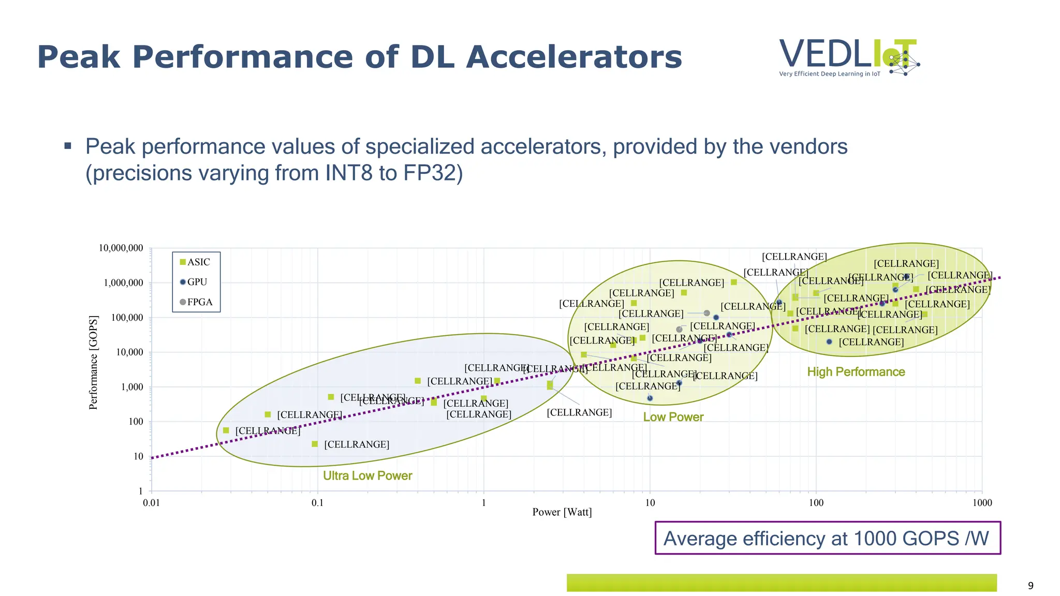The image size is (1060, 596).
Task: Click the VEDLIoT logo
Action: [x=849, y=57]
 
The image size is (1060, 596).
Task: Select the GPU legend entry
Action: [x=194, y=282]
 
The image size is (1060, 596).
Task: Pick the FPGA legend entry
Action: [x=196, y=302]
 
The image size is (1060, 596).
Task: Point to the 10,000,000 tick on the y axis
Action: [x=121, y=248]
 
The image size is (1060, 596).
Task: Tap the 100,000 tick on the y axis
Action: [x=128, y=318]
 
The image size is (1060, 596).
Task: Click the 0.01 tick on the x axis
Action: [x=151, y=503]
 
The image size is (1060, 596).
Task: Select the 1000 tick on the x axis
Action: [x=982, y=503]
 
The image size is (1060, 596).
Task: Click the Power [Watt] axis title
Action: [x=562, y=512]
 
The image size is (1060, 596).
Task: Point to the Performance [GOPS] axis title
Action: [x=93, y=362]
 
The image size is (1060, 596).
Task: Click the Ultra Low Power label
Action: [x=367, y=476]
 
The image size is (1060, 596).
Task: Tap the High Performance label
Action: [x=856, y=372]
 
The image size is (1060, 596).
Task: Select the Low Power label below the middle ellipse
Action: [x=673, y=417]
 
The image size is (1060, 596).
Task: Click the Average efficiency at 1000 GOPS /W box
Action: [x=827, y=538]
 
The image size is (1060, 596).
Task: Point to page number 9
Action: [x=1030, y=586]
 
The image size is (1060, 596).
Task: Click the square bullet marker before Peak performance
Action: [x=68, y=146]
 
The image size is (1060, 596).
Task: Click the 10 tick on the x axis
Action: [x=650, y=503]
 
